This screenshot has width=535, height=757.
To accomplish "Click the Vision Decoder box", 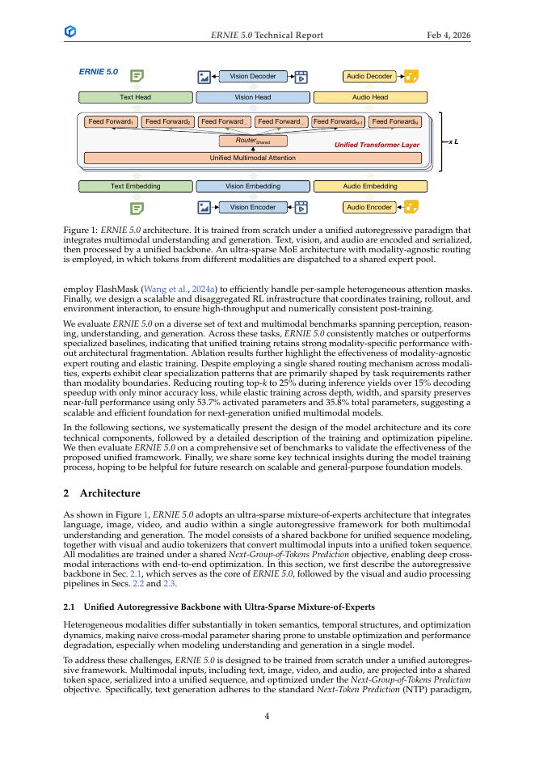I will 253,76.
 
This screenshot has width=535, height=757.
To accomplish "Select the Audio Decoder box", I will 369,76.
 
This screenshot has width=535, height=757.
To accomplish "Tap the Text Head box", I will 135,97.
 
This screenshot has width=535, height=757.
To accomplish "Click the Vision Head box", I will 253,97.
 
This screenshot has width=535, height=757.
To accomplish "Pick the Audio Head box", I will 370,97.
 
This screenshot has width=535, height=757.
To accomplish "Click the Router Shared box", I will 253,141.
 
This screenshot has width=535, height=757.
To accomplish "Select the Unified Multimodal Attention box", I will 253,158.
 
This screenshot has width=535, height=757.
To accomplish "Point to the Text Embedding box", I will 135,186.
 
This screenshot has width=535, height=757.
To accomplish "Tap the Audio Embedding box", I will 370,186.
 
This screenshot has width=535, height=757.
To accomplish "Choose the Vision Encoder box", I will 253,207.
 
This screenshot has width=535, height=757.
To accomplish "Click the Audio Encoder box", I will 369,207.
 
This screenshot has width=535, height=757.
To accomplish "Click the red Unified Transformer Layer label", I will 377,145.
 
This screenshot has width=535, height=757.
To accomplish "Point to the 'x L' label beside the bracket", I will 454,142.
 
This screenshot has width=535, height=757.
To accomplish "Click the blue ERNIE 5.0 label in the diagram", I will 98,72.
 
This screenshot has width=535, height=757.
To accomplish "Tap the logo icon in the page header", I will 70,32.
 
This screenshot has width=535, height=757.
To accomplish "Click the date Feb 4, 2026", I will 449,36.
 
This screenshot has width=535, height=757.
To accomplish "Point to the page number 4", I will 267,716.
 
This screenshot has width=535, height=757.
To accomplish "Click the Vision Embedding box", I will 253,186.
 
